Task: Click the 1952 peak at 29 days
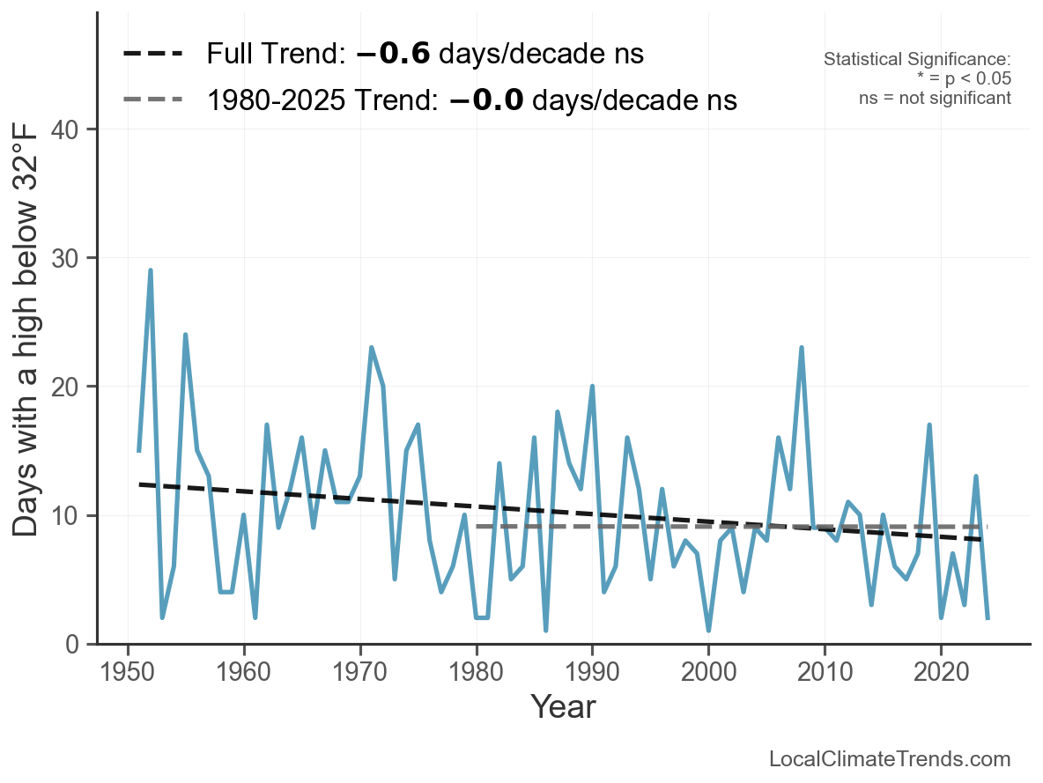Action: click(151, 270)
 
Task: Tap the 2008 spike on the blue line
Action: click(802, 348)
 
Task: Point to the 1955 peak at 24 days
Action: click(185, 335)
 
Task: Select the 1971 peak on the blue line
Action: click(372, 348)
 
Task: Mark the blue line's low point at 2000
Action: click(708, 631)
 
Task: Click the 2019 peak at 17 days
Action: click(929, 425)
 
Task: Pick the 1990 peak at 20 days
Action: click(592, 387)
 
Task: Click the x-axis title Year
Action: click(563, 707)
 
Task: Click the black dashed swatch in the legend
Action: click(152, 54)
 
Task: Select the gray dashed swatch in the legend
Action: click(152, 99)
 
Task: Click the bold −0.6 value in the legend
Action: click(394, 54)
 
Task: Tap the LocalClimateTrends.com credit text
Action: click(890, 758)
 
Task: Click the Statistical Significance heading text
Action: click(917, 59)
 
